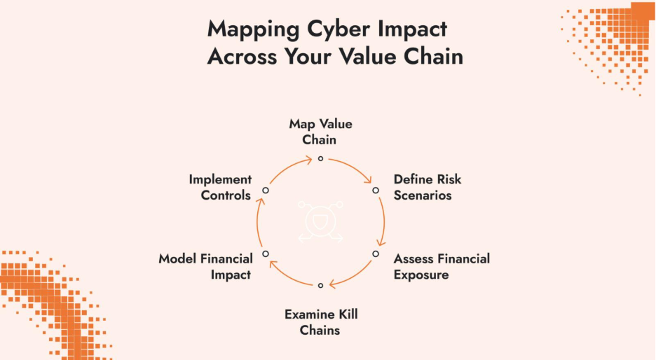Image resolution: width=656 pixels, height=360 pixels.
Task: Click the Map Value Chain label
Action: point(320,132)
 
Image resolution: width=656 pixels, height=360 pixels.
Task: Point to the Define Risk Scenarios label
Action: point(428,187)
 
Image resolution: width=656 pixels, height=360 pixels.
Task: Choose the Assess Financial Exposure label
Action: point(442,267)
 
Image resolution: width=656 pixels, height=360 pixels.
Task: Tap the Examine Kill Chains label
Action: point(320,321)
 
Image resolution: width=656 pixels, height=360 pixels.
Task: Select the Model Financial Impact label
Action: point(205,267)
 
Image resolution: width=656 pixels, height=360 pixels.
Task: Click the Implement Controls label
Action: point(220,187)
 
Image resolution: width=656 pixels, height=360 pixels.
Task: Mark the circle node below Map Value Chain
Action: point(320,158)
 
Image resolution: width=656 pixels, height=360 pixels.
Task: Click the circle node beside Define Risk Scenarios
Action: point(376,190)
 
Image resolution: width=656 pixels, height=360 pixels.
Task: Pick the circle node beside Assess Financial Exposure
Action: point(376,254)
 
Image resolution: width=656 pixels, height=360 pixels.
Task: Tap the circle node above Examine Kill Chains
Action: point(320,285)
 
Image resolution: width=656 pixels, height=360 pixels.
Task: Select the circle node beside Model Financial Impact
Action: point(266,254)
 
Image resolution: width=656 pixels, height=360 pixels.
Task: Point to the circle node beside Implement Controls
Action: point(266,190)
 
